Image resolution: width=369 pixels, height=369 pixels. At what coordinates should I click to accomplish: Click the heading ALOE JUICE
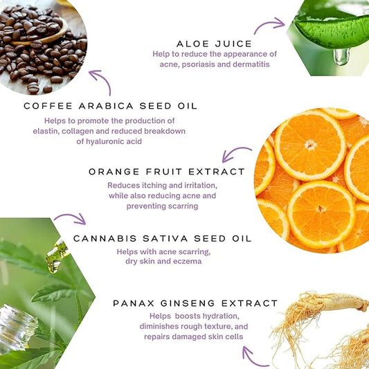214,44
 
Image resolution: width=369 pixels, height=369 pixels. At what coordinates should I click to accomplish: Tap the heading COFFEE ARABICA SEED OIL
110,106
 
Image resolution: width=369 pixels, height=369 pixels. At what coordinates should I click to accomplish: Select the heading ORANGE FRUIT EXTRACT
167,172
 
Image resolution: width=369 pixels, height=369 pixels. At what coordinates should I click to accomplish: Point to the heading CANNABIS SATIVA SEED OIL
163,239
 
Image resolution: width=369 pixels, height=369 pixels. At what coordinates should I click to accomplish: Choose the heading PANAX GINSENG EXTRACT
195,303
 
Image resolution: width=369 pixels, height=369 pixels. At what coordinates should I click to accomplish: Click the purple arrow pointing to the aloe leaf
269,24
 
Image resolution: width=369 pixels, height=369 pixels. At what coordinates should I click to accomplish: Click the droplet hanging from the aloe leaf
341,57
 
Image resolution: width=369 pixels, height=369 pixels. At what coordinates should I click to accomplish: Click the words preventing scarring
162,206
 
